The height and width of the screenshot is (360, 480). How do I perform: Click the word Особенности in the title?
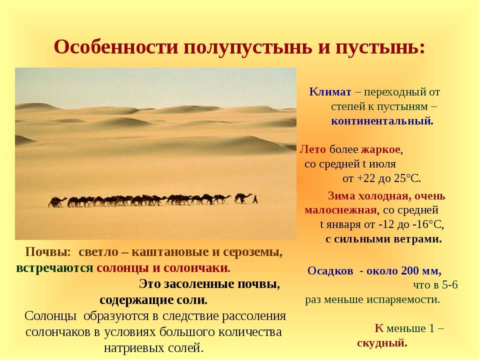click(116, 47)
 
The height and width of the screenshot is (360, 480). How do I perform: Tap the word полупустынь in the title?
click(247, 48)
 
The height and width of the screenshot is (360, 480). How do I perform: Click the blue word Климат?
click(330, 91)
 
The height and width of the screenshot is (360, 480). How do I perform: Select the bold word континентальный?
click(382, 121)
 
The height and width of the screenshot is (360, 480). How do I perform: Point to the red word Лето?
click(312, 149)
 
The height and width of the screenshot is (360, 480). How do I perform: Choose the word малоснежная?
click(340, 210)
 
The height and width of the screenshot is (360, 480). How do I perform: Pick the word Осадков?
click(330, 271)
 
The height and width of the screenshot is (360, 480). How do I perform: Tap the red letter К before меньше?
click(379, 328)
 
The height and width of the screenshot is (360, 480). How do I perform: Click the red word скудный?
click(382, 343)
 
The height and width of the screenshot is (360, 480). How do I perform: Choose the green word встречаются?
click(54, 268)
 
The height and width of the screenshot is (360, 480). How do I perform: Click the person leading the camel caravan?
click(255, 199)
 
